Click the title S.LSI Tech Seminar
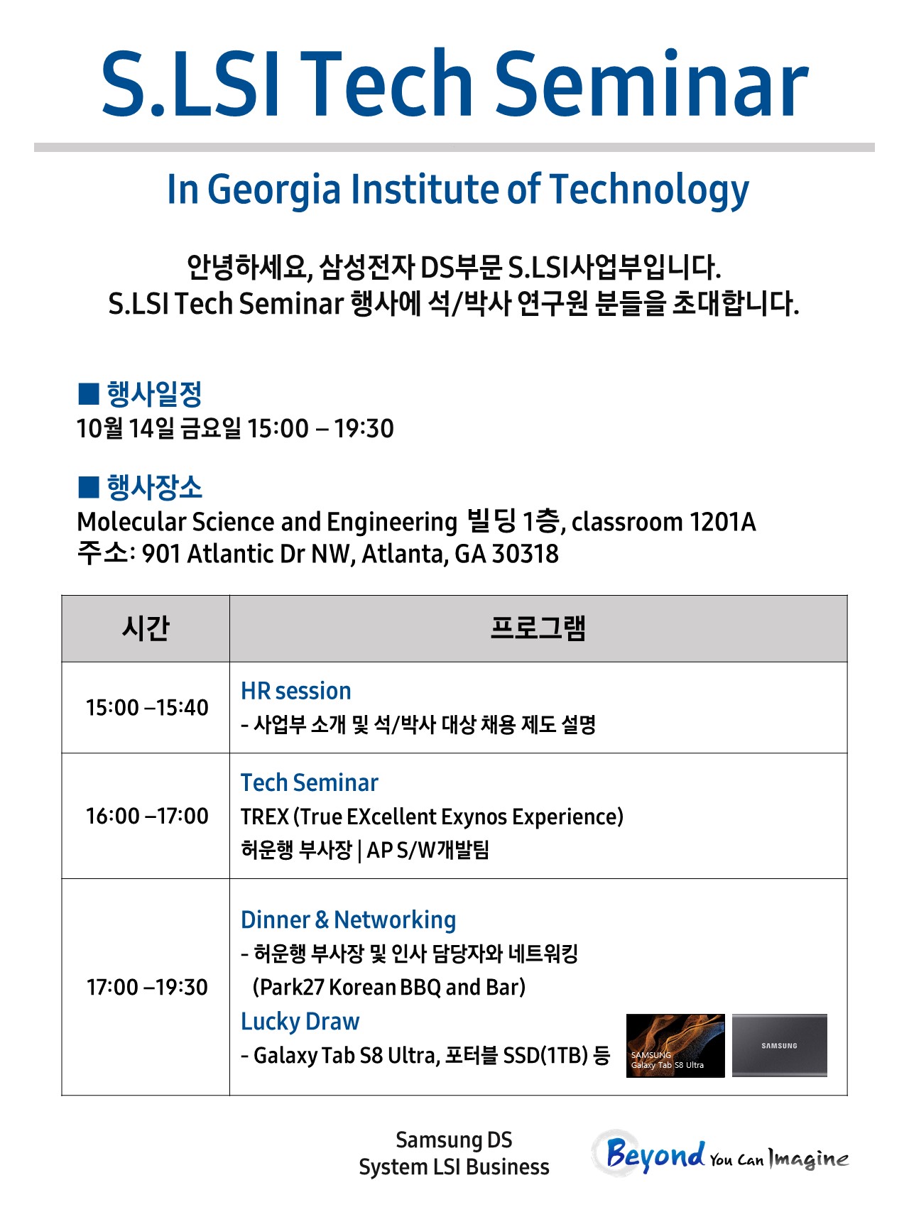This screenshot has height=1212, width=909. pyautogui.click(x=454, y=84)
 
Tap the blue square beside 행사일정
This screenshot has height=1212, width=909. pyautogui.click(x=88, y=393)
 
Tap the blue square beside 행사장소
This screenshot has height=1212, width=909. pyautogui.click(x=88, y=487)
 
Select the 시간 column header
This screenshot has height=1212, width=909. pyautogui.click(x=146, y=628)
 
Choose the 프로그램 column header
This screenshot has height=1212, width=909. pyautogui.click(x=538, y=628)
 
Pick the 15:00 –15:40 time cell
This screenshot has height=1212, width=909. pyautogui.click(x=147, y=707)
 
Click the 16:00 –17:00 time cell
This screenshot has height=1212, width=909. pyautogui.click(x=147, y=816)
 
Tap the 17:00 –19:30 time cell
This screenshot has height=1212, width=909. pyautogui.click(x=147, y=987)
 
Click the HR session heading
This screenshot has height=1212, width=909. pyautogui.click(x=296, y=691)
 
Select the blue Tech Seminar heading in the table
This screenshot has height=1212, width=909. pyautogui.click(x=310, y=782)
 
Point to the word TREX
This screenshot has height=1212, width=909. pyautogui.click(x=265, y=817)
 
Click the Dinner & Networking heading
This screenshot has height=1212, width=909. pyautogui.click(x=349, y=919)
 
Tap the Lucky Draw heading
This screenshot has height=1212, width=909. pyautogui.click(x=300, y=1022)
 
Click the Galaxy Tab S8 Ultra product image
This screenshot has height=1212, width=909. pyautogui.click(x=675, y=1045)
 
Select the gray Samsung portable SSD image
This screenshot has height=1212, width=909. pyautogui.click(x=780, y=1045)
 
